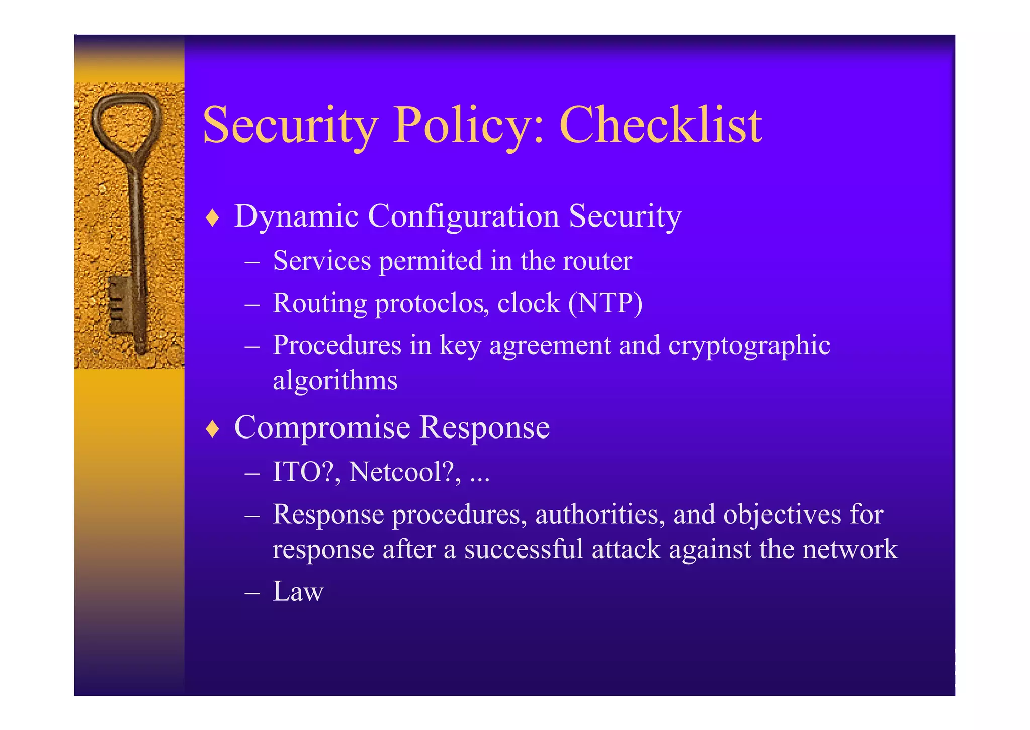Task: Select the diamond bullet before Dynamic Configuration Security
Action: pyautogui.click(x=213, y=218)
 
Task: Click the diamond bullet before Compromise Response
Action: pyautogui.click(x=213, y=429)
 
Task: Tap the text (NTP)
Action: pyautogui.click(x=605, y=303)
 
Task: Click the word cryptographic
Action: pyautogui.click(x=749, y=346)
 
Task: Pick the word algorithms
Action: pyautogui.click(x=335, y=380)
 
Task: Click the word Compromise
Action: pyautogui.click(x=322, y=428)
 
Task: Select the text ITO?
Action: pyautogui.click(x=303, y=472)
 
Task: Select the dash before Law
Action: pyautogui.click(x=252, y=592)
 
